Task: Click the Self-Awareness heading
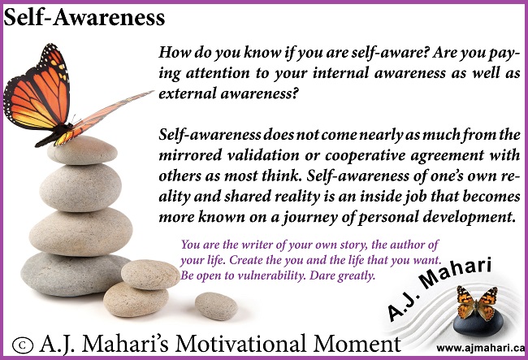pyautogui.click(x=84, y=18)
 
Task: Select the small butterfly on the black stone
pyautogui.click(x=477, y=303)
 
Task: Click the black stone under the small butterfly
pyautogui.click(x=478, y=323)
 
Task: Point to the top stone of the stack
pyautogui.click(x=83, y=150)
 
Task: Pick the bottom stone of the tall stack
pyautogui.click(x=75, y=275)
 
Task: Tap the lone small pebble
pyautogui.click(x=217, y=306)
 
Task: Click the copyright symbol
pyautogui.click(x=23, y=345)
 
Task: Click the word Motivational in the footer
pyautogui.click(x=240, y=345)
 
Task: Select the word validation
pyautogui.click(x=263, y=155)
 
